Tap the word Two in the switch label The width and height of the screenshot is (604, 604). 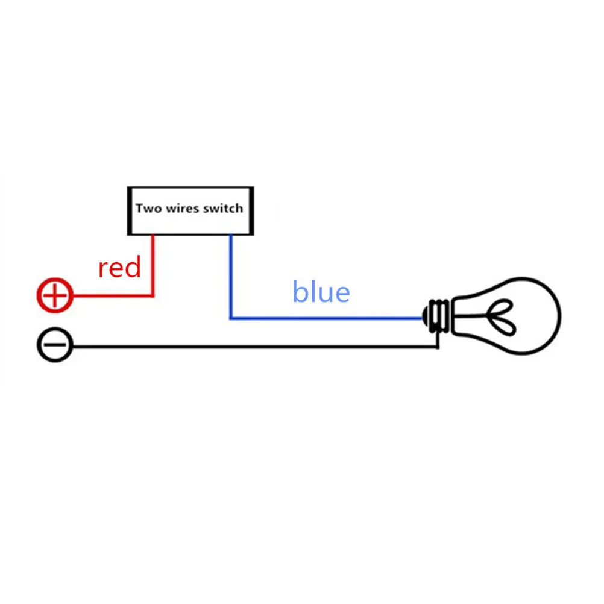(x=148, y=209)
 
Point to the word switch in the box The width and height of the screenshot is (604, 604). (x=222, y=209)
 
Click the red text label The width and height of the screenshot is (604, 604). (x=119, y=268)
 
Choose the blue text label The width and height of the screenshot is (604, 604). (x=321, y=292)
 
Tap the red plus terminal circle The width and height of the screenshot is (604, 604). (x=55, y=295)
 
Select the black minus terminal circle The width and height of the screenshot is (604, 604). (x=55, y=347)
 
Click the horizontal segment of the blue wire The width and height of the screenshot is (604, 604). (x=326, y=318)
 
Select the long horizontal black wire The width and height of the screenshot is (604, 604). (x=253, y=347)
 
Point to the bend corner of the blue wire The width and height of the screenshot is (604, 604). (x=230, y=318)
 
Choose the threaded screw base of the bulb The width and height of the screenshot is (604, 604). (x=439, y=315)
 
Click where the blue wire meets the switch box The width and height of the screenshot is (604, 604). (x=230, y=236)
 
